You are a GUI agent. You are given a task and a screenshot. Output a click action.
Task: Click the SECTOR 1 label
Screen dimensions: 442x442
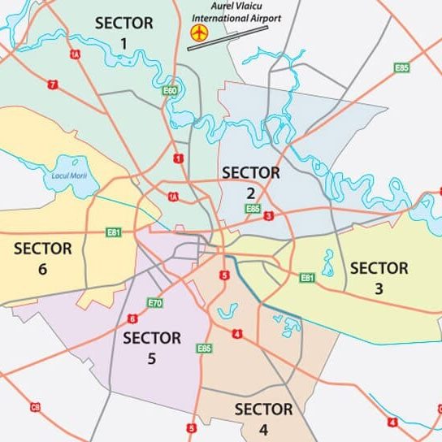point(123,32)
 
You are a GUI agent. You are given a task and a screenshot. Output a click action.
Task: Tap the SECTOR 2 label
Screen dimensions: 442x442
point(250,182)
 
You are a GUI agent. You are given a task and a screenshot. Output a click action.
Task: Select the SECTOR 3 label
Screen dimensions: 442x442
point(379,277)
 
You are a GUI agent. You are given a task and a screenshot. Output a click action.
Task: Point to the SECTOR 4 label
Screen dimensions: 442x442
point(263,418)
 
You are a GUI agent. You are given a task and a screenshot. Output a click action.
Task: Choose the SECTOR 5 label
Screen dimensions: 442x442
point(151,348)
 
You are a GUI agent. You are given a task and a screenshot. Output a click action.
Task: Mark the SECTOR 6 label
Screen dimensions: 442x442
point(42,258)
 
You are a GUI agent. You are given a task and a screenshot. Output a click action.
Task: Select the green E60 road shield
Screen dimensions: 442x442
point(170,91)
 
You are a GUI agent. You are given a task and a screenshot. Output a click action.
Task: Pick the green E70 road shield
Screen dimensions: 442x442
point(155,303)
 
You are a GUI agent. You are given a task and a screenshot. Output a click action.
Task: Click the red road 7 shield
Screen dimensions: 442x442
point(53,84)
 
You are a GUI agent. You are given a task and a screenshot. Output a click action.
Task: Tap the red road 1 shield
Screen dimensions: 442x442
point(177,158)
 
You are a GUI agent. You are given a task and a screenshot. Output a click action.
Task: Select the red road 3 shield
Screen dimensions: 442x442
point(268,215)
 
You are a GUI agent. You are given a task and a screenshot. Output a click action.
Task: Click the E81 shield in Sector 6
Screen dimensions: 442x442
point(113,232)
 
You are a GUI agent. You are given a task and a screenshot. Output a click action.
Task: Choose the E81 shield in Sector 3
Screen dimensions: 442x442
point(307,279)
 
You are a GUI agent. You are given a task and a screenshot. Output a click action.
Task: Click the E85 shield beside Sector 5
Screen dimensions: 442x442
point(205,348)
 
